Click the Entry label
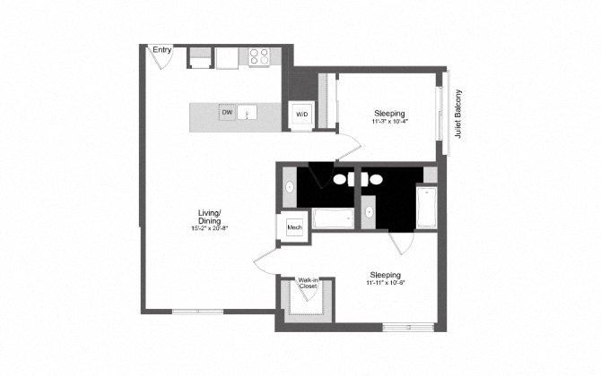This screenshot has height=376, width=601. coord(162,50)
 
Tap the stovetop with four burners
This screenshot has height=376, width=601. coord(259,56)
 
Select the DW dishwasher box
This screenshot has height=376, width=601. coord(228,112)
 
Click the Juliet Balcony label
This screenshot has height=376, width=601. coord(457,114)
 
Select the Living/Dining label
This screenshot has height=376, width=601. coord(210,216)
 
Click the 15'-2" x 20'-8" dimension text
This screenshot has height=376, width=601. coord(210,228)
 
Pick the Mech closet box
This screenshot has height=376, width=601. coord(294,228)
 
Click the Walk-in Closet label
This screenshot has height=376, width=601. coord(309,283)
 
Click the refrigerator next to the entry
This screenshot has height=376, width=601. coord(199,57)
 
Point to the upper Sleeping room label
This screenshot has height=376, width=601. coord(390,114)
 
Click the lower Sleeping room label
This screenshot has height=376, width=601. coord(388,274)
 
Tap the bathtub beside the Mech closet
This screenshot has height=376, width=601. coord(333,218)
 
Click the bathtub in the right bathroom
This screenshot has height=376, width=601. coord(425,207)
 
